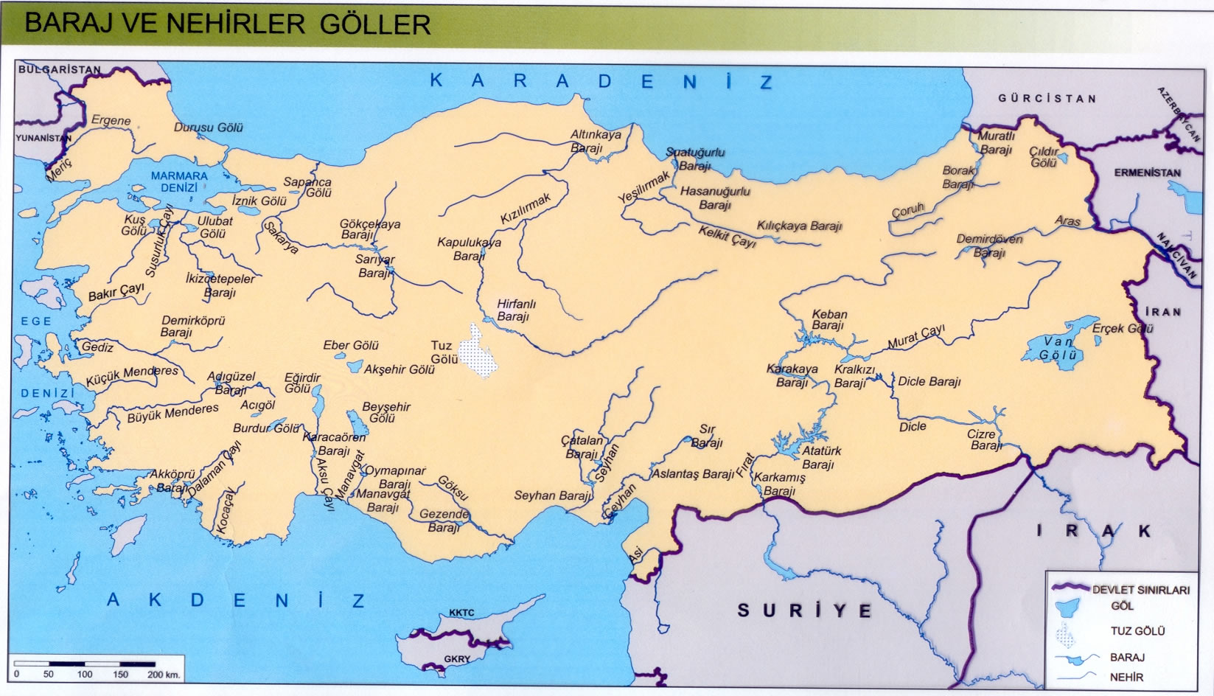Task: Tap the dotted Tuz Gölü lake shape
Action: point(475,352)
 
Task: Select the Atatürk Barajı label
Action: point(820,457)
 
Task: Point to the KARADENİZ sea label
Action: point(601,81)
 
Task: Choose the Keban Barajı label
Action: point(828,320)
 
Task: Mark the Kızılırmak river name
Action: point(526,209)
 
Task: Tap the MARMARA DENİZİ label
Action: point(179,181)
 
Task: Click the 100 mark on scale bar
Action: point(85,674)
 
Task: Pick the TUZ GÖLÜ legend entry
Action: point(1137,631)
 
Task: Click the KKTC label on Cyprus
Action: point(461,613)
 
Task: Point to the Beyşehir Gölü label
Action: point(386,412)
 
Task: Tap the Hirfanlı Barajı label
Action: point(515,310)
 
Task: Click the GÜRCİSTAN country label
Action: point(1047,98)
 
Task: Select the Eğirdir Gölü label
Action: point(301,383)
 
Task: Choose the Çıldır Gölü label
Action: point(1044,156)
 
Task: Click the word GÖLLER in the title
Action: point(375,24)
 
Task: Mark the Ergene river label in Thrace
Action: point(111,120)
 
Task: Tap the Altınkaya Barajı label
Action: point(595,141)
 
